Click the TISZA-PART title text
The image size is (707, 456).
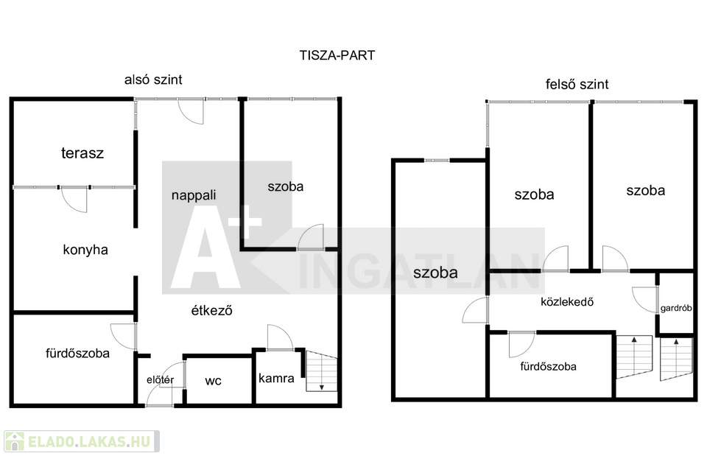pyautogui.click(x=337, y=55)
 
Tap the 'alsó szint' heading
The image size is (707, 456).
pyautogui.click(x=152, y=80)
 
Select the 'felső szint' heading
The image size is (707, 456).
pyautogui.click(x=577, y=84)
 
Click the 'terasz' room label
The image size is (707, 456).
pyautogui.click(x=82, y=153)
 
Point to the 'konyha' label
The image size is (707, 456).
pyautogui.click(x=85, y=250)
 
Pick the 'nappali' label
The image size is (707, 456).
pyautogui.click(x=194, y=195)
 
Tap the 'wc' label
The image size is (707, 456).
pyautogui.click(x=214, y=381)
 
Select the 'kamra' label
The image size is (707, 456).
pyautogui.click(x=276, y=379)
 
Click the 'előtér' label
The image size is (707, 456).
pyautogui.click(x=160, y=380)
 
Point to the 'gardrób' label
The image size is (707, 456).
pyautogui.click(x=676, y=309)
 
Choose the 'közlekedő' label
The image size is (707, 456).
pyautogui.click(x=567, y=301)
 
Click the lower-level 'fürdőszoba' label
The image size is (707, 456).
pyautogui.click(x=77, y=353)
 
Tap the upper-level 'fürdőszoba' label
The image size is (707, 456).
pyautogui.click(x=548, y=366)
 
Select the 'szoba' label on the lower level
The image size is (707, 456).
pyautogui.click(x=285, y=186)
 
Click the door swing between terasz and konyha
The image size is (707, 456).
pyautogui.click(x=74, y=198)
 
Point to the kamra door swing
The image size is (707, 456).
pyautogui.click(x=281, y=337)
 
